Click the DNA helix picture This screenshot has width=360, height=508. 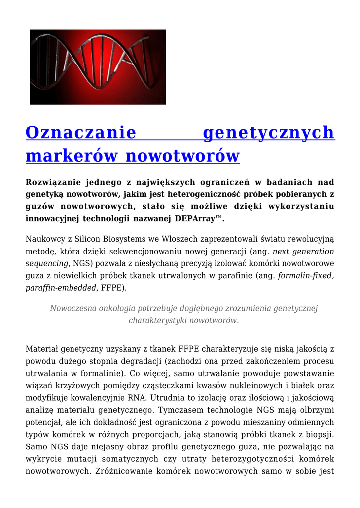98,67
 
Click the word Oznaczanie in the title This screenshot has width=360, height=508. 81,133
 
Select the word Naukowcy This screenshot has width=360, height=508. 45,239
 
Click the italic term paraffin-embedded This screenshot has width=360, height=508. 61,288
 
